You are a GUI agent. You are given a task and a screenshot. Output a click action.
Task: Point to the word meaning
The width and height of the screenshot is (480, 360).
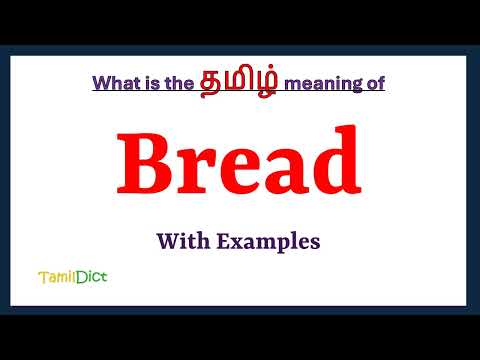320,84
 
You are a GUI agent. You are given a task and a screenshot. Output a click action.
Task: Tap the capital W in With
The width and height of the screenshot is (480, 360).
167,241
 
